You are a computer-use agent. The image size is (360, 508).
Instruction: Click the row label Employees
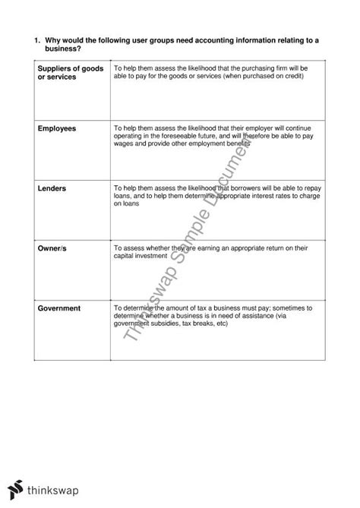click(x=57, y=129)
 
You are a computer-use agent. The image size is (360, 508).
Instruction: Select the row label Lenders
click(x=52, y=188)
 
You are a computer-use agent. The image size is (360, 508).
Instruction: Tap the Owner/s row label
click(x=53, y=248)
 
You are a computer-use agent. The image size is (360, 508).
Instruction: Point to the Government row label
click(x=60, y=308)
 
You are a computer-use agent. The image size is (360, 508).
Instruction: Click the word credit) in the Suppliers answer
click(x=295, y=77)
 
